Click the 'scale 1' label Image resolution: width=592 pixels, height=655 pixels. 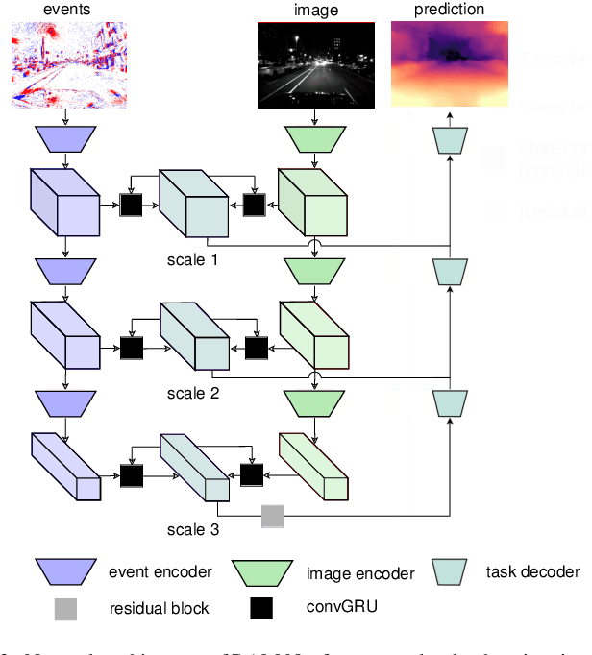[x=193, y=259]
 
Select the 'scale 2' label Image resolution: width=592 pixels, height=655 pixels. [x=193, y=393]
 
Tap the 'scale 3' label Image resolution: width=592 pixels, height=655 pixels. [x=193, y=529]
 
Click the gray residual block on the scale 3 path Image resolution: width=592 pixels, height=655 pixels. [x=273, y=518]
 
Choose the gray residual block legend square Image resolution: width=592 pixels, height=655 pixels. [x=65, y=607]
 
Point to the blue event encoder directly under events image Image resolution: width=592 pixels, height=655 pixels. [x=64, y=141]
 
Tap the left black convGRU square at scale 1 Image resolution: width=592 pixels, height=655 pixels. [x=130, y=205]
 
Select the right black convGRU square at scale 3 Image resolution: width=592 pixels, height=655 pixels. [x=252, y=473]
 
